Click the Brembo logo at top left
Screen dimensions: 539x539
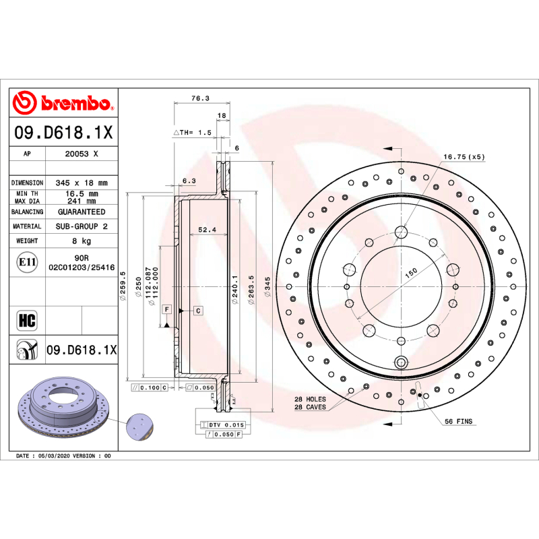63,103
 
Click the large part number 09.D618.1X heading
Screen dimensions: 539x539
63,133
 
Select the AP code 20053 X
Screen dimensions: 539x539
82,154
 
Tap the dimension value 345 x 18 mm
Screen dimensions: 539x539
82,183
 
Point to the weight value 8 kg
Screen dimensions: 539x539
82,241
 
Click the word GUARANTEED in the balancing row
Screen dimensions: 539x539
82,212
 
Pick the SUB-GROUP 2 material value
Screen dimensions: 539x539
82,226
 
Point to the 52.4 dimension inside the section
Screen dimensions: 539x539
207,230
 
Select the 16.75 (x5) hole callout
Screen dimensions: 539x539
464,156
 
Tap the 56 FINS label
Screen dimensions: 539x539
458,421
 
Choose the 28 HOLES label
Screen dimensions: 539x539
311,399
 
